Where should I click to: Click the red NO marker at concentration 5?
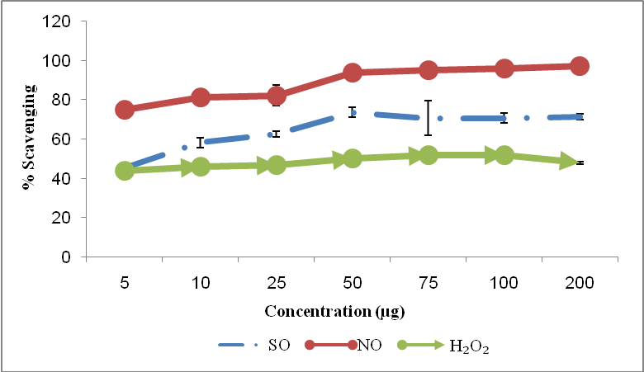pos(125,110)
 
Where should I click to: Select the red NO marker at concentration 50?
pos(353,73)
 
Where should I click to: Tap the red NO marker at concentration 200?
pos(580,66)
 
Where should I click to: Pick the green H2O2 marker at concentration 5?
pos(125,171)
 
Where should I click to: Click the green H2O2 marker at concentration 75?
pos(428,155)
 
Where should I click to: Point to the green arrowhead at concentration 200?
pos(570,162)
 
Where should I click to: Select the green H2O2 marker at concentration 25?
pos(277,165)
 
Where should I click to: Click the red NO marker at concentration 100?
pos(504,68)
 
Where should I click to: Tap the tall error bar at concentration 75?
pos(428,118)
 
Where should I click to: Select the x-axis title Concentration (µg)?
pos(334,312)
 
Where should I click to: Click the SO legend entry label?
pos(279,346)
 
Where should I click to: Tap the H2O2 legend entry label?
pos(469,346)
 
